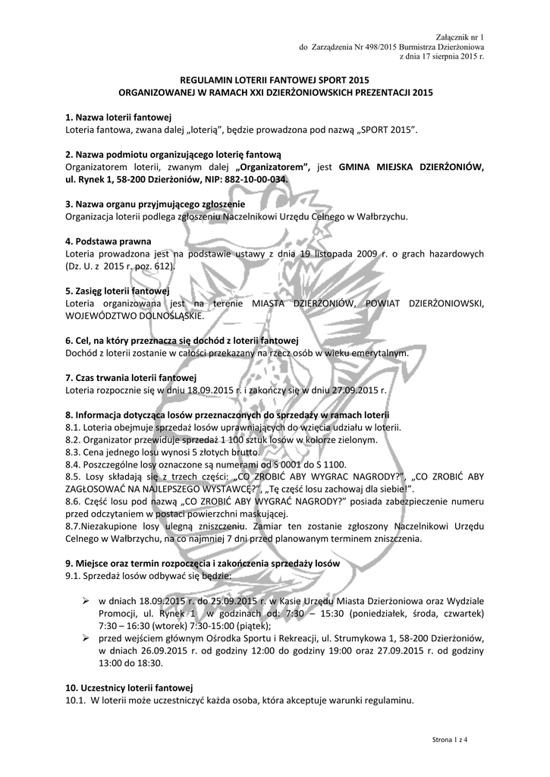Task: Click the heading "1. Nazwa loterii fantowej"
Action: [x=118, y=118]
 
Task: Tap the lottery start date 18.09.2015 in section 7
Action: [x=209, y=390]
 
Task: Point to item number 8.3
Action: [x=74, y=451]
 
